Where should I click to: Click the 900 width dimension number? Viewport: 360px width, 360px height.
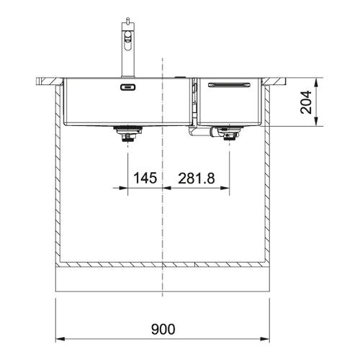pos(163,329)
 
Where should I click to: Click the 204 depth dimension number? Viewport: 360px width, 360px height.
pos(306,102)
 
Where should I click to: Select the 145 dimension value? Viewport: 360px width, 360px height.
pos(145,178)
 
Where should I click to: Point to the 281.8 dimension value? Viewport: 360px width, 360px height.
pos(197,179)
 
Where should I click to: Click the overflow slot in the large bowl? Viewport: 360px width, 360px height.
pos(128,87)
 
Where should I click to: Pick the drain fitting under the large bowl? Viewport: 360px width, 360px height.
pos(128,134)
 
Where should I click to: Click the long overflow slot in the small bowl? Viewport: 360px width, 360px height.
pos(229,84)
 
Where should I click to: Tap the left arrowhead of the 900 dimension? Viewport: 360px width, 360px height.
pos(60,339)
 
